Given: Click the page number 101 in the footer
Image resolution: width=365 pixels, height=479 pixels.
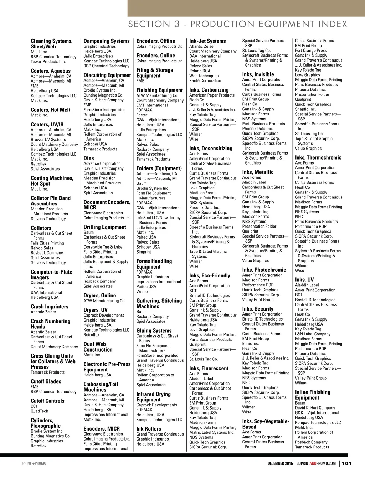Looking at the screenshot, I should point(347,463).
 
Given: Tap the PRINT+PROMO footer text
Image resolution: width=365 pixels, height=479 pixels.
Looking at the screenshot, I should point(34,463).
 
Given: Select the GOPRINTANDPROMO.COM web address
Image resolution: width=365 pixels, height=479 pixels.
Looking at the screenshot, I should point(316,463).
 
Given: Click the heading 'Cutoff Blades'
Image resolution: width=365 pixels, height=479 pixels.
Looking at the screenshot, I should point(46,381).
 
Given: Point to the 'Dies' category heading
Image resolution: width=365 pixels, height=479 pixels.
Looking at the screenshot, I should point(89,158).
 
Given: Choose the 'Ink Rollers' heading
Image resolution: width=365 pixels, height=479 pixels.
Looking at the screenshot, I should point(149,429).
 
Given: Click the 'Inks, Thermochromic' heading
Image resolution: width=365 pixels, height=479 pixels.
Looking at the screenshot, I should point(318,157).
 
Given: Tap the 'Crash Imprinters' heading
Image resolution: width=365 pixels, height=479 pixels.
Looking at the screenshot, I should point(50,307).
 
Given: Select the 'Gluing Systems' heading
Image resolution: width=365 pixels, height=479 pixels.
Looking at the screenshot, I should point(154,330).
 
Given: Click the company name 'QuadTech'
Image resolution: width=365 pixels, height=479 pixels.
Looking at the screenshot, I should point(39,411).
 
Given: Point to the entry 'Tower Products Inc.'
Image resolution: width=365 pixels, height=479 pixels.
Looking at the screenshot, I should point(48,62).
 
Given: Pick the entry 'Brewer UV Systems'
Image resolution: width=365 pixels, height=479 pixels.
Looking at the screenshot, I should point(48,140).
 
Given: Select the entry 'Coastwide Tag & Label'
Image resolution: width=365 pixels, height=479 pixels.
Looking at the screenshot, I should point(103,247).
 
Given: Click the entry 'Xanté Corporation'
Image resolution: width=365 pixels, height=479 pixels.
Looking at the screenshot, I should point(205,80).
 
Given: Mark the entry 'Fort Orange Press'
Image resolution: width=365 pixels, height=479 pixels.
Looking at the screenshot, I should point(311,51).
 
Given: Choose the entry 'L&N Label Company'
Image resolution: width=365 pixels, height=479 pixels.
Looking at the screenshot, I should point(313,334).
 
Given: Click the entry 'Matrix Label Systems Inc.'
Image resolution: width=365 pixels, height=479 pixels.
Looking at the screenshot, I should point(212,432).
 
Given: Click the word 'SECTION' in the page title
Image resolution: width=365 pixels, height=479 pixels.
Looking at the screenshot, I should point(149,24).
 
